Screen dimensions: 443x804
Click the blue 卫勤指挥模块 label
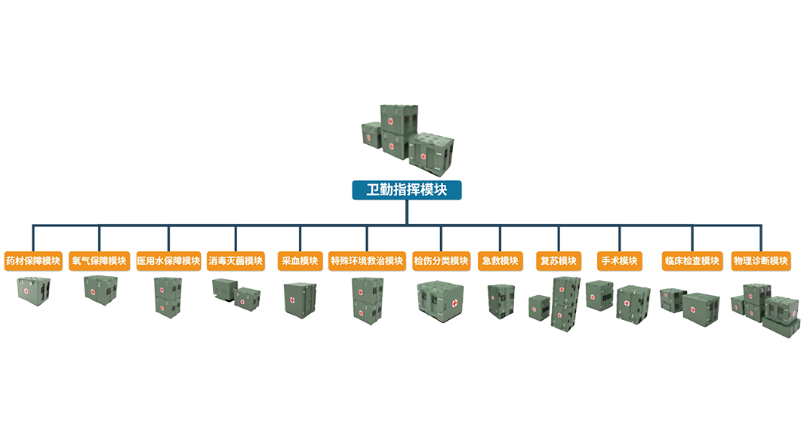coord(407,189)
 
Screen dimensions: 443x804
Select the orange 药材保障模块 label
coord(32,261)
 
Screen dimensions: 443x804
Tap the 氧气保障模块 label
coord(98,261)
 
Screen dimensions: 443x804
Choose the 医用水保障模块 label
coord(168,261)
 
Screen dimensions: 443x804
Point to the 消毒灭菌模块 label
coord(236,261)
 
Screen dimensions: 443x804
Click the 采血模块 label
coord(299,261)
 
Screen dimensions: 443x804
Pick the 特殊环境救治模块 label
coord(367,261)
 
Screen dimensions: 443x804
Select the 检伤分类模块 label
coord(441,261)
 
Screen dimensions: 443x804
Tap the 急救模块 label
coord(500,261)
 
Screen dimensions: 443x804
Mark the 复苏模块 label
coord(559,261)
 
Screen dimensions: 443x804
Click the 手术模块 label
coord(619,261)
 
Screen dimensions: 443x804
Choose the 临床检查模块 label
coord(691,261)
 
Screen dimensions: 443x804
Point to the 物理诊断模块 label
coord(760,261)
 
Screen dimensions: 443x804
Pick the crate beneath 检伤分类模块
coord(439,297)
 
